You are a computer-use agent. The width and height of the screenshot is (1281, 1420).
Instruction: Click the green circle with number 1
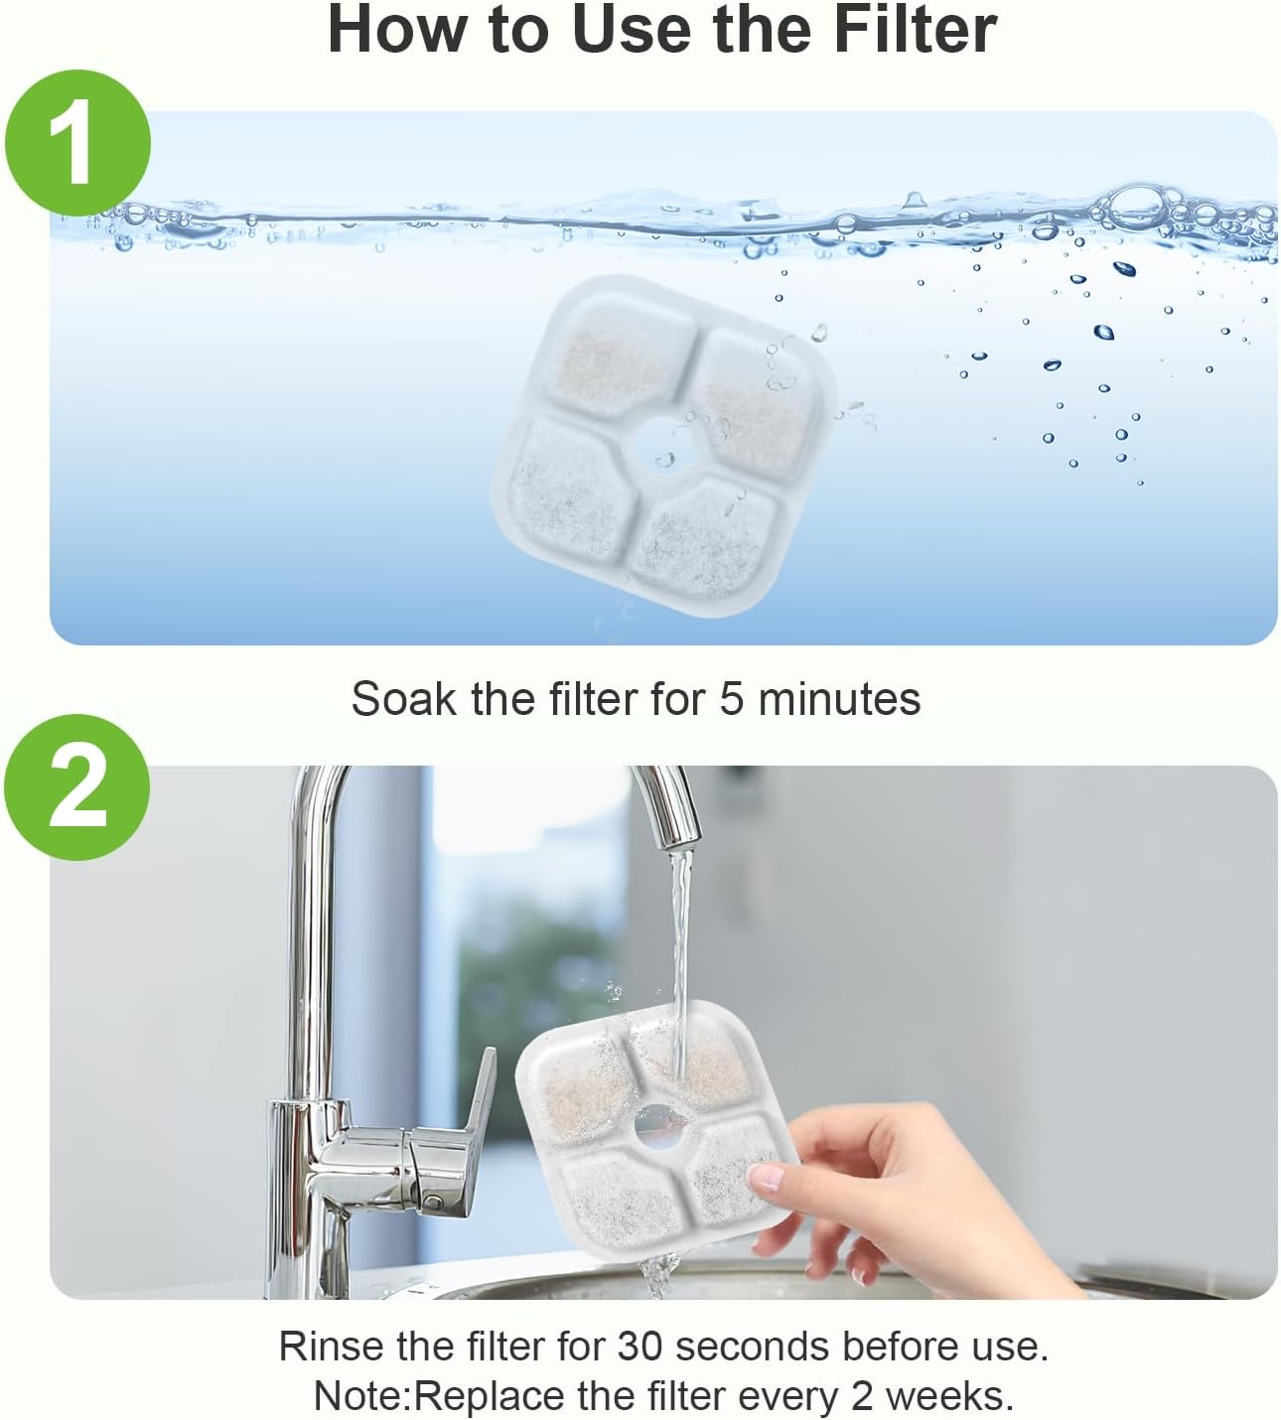click(77, 143)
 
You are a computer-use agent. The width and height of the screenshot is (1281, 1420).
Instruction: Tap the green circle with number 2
click(77, 787)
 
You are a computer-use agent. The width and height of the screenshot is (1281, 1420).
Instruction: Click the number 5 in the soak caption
click(732, 699)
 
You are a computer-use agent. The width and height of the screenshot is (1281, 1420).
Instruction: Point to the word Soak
click(403, 699)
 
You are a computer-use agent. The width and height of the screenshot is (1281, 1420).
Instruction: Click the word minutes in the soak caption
click(839, 699)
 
